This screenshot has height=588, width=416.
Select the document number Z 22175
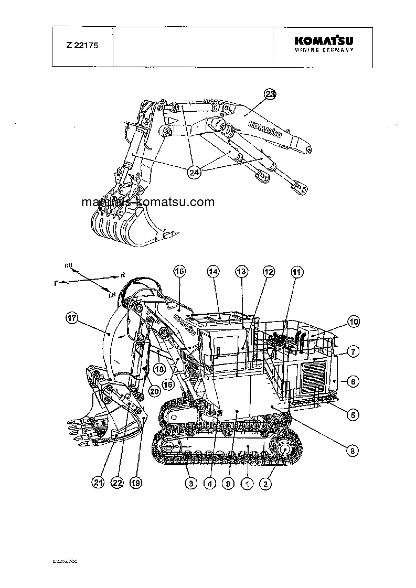pyautogui.click(x=82, y=45)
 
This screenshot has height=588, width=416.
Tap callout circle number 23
pyautogui.click(x=270, y=94)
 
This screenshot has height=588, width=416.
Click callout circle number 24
pyautogui.click(x=195, y=173)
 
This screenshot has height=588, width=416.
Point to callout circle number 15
pyautogui.click(x=179, y=271)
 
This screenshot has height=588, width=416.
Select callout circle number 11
pyautogui.click(x=297, y=272)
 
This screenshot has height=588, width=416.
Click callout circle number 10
pyautogui.click(x=354, y=322)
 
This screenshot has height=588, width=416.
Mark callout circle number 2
pyautogui.click(x=266, y=484)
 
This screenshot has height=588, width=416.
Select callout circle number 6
pyautogui.click(x=353, y=382)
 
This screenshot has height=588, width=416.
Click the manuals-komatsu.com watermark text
pyautogui.click(x=148, y=202)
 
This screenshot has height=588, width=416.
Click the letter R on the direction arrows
pyautogui.click(x=122, y=274)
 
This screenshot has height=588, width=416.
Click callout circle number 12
pyautogui.click(x=269, y=272)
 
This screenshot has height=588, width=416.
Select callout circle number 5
pyautogui.click(x=354, y=414)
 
